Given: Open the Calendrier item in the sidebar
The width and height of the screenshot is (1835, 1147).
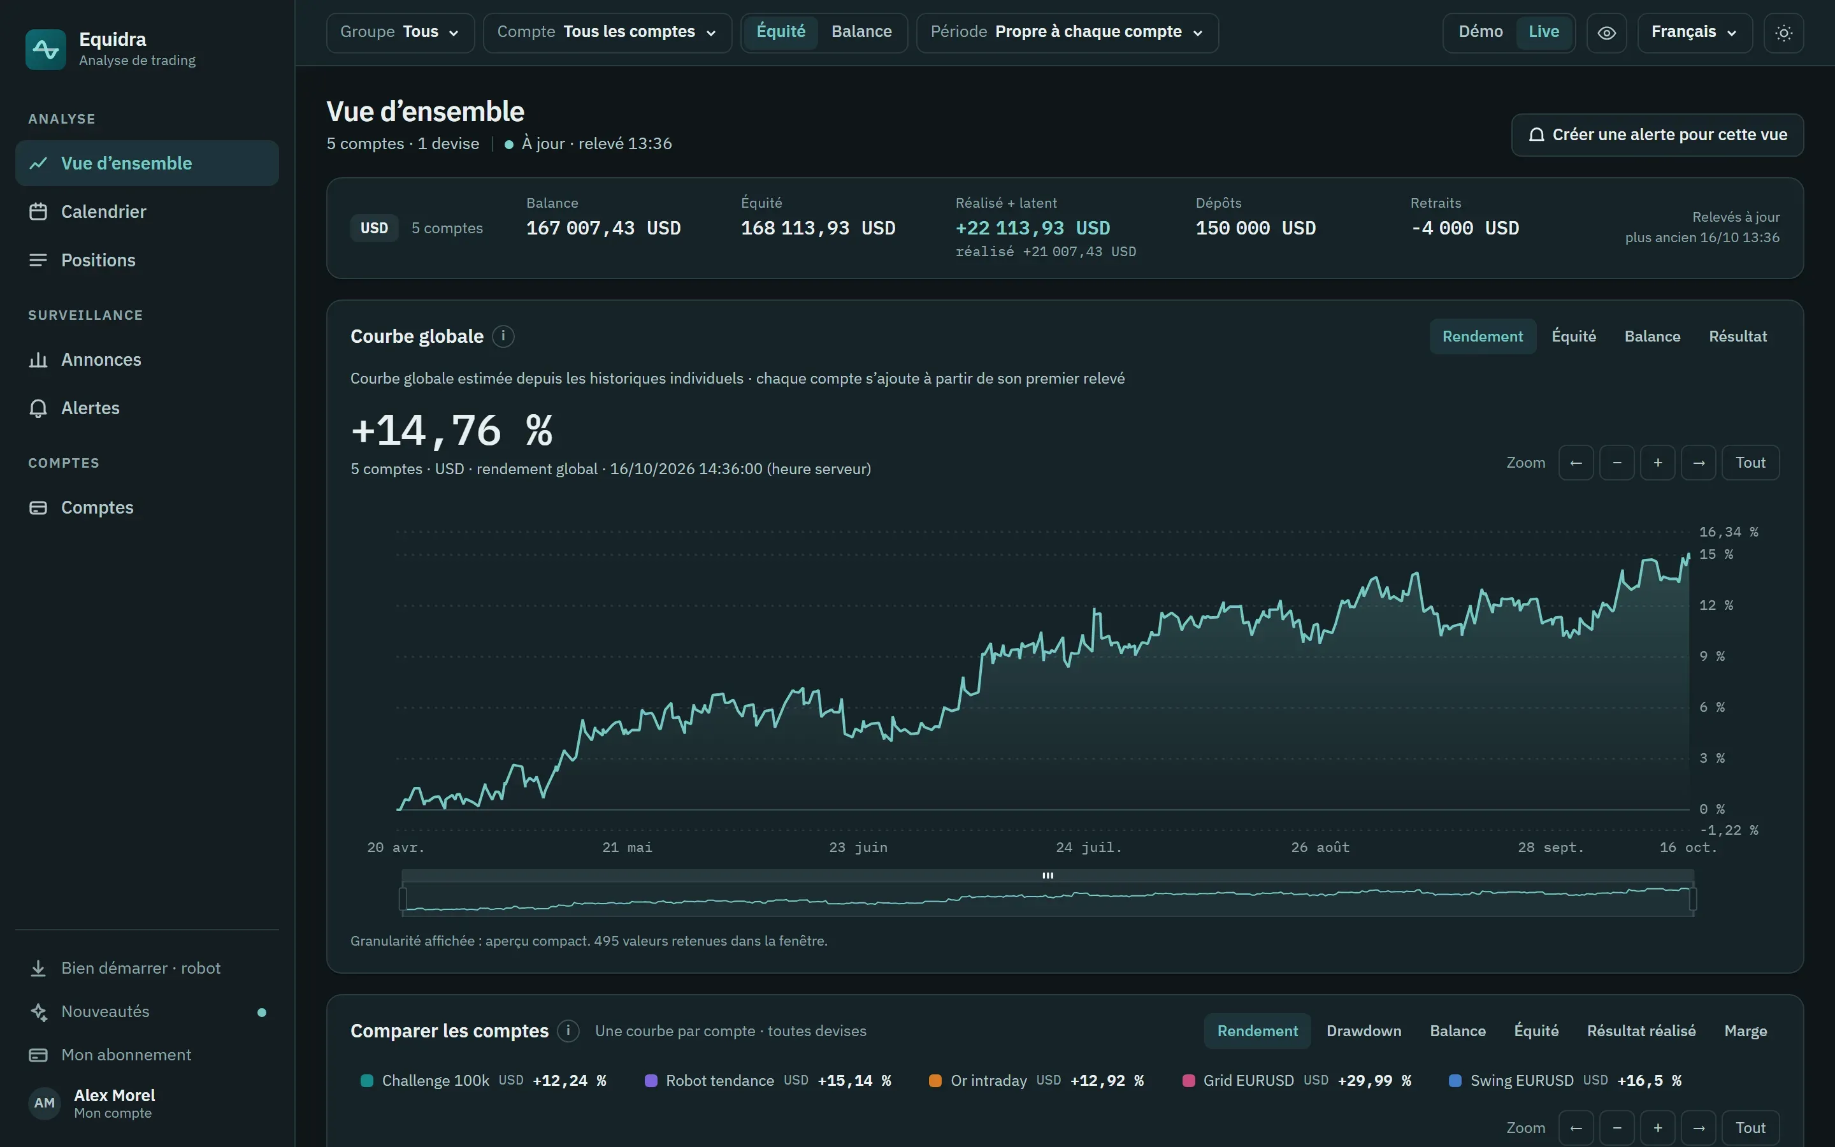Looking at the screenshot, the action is pos(104,212).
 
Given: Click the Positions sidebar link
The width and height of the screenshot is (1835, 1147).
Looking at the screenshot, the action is pos(99,260).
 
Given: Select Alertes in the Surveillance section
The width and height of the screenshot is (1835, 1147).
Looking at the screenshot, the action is pos(90,408).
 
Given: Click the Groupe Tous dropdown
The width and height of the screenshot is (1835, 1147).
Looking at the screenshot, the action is pos(400,32).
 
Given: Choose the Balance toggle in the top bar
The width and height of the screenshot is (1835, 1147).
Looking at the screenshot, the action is pos(861,32).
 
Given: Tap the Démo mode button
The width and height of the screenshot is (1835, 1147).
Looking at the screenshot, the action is pos(1480,32).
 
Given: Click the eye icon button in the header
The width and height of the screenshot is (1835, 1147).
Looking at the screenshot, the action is pos(1607,32).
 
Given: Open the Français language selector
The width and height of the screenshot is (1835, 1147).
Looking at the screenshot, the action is pos(1695,32).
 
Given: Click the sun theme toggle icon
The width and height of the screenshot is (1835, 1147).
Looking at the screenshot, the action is pos(1783,32).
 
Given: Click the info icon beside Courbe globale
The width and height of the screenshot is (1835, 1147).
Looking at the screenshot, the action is pos(503,336).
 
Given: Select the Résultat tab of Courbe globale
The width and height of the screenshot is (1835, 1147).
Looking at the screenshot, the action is pos(1738,336).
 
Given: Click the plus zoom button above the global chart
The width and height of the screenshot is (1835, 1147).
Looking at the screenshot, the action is pos(1658,463).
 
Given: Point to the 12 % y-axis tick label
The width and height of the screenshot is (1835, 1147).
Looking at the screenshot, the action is pos(1716,605).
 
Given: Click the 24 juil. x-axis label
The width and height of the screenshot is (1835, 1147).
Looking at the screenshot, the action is pos(1089,848).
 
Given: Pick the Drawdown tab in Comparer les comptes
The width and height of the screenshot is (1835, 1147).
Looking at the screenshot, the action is pos(1364,1031).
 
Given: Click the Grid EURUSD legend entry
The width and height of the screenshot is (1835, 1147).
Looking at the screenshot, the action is pos(1297,1080).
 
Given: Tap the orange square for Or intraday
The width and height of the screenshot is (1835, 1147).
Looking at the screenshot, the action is pos(935,1080).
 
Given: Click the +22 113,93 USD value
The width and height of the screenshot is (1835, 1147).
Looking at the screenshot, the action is pos(1033,228).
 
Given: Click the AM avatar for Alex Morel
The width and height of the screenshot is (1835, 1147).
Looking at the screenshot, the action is pos(45,1103).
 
